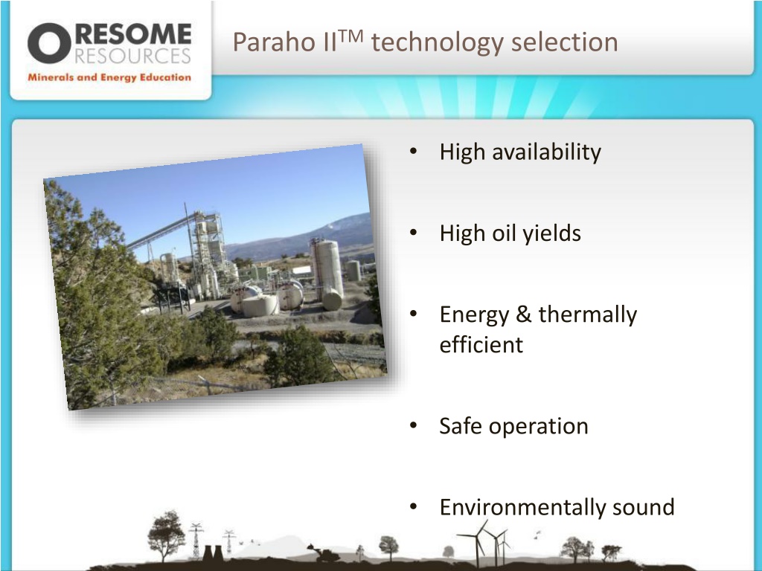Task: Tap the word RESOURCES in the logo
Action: click(x=132, y=56)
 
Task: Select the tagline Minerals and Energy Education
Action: click(x=109, y=77)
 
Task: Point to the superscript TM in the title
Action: click(x=350, y=36)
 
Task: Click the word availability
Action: click(x=547, y=152)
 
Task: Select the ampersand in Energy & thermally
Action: click(x=523, y=314)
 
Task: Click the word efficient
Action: click(x=481, y=345)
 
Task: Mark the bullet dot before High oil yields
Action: click(x=414, y=233)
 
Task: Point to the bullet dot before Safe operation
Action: click(x=414, y=425)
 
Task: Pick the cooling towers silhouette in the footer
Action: click(x=212, y=552)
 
